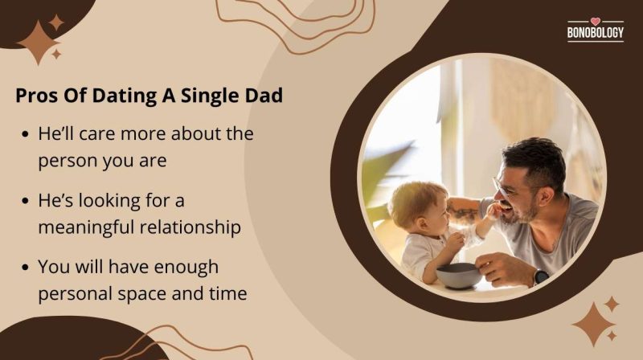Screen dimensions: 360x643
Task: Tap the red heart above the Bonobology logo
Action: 595,22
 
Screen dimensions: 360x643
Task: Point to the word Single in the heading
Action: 208,96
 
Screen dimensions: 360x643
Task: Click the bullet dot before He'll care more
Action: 27,135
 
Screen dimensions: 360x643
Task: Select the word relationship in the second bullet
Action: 193,227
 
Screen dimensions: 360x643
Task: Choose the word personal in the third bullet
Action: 76,294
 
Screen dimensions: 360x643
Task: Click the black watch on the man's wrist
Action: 540,276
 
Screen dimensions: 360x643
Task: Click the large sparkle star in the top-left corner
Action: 38,42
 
